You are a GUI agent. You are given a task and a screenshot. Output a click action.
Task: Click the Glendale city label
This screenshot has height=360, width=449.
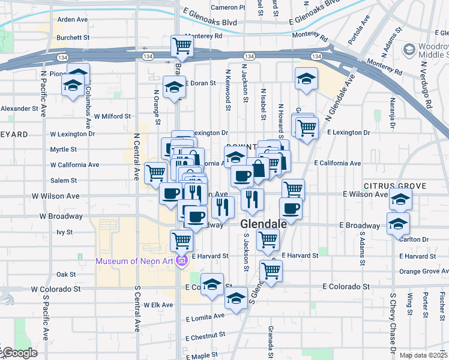[x=263, y=223]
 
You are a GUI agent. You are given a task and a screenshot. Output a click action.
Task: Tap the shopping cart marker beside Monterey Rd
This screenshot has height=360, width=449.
[x=181, y=46]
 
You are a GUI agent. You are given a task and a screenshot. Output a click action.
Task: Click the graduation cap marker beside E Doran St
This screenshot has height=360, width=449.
[x=174, y=86]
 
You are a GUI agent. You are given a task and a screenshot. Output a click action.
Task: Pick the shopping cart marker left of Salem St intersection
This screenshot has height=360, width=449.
[x=156, y=173]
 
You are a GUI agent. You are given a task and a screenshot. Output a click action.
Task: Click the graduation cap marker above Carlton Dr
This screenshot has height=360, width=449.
[x=398, y=224]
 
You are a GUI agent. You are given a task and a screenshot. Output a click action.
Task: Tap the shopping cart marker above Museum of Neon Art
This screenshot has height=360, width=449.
[x=181, y=241]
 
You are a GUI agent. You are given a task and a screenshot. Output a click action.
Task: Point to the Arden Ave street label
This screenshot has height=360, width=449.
[x=72, y=19]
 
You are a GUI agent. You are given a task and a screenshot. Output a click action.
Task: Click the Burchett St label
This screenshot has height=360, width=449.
[x=73, y=37]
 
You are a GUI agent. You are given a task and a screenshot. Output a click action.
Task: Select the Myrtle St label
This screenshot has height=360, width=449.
[x=64, y=149]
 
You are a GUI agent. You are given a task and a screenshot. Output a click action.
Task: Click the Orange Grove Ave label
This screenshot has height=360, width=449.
[x=423, y=271]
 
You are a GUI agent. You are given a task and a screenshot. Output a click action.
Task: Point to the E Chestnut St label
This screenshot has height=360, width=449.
[x=205, y=335]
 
